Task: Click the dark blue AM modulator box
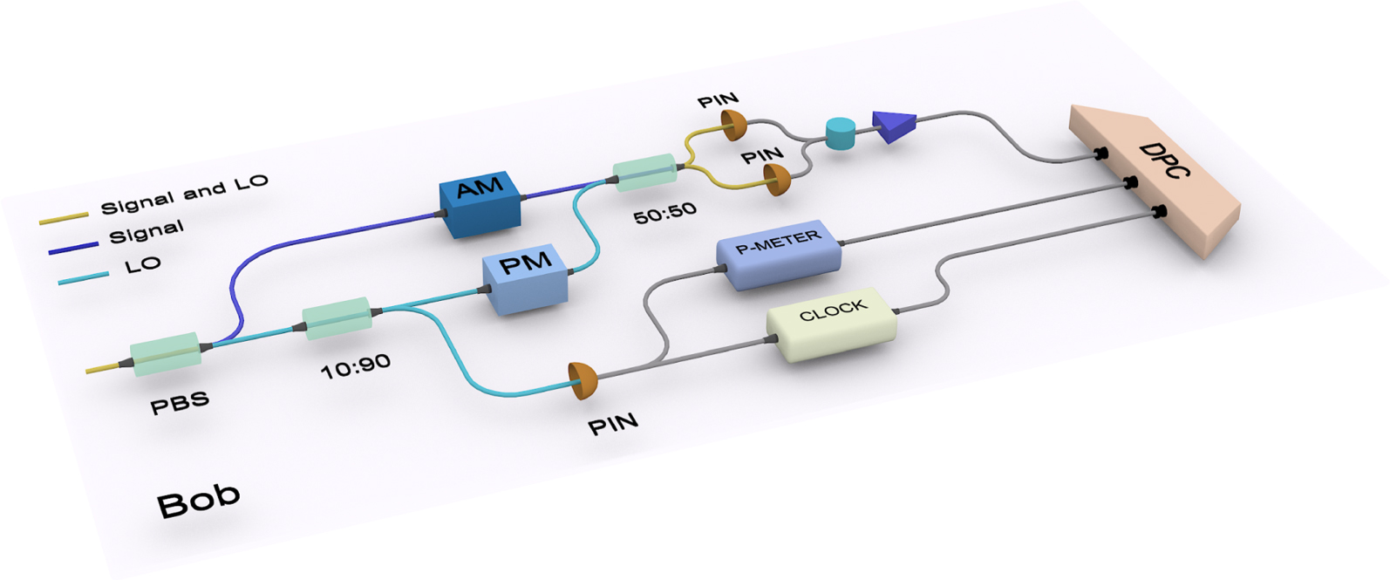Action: (x=480, y=203)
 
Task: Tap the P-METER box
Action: (x=779, y=253)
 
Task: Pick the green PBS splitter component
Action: (x=166, y=352)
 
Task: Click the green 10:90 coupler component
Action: (x=337, y=318)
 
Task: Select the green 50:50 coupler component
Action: (x=644, y=172)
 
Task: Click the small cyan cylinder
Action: (x=841, y=133)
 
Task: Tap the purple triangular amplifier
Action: (x=895, y=126)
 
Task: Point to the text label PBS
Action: (x=180, y=403)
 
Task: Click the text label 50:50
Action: (x=664, y=213)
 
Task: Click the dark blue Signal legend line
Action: (x=73, y=247)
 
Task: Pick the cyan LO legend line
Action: (x=84, y=277)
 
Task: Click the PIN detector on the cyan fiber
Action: (x=583, y=380)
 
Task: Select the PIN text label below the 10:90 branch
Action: (x=613, y=425)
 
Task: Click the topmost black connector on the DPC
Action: (x=1100, y=154)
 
